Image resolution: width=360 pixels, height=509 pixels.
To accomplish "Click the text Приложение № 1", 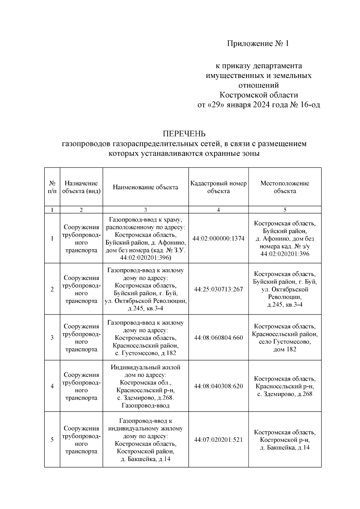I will click(x=258, y=44).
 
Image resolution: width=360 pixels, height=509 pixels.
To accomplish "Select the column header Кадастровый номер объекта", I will click(x=218, y=187).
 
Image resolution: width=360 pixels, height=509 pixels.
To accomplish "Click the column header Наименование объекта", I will click(x=145, y=187).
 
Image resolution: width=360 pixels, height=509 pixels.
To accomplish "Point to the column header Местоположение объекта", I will click(x=285, y=187).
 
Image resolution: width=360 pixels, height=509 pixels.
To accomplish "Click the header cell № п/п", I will click(x=52, y=187).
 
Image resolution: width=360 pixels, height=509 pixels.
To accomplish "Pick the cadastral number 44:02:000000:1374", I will click(x=218, y=238).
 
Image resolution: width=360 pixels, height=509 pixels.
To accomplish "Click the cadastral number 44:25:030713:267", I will click(x=218, y=289).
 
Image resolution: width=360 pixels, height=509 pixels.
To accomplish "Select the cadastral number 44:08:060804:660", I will click(x=218, y=338).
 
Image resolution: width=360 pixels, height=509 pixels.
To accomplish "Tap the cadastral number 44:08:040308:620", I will click(x=218, y=386).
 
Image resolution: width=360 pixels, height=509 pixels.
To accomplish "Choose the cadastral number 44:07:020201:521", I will click(x=218, y=440).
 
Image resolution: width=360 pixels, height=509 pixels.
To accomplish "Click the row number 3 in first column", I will click(x=52, y=338).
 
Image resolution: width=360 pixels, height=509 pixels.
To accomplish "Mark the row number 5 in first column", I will click(x=52, y=440).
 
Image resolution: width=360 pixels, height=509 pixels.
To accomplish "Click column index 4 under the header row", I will click(x=218, y=210).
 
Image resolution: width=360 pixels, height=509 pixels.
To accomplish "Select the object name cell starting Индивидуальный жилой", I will click(x=145, y=386).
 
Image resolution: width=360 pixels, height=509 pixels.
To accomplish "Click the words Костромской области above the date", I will click(x=259, y=95).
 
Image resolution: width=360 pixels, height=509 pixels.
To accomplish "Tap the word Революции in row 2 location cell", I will click(x=285, y=297).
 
